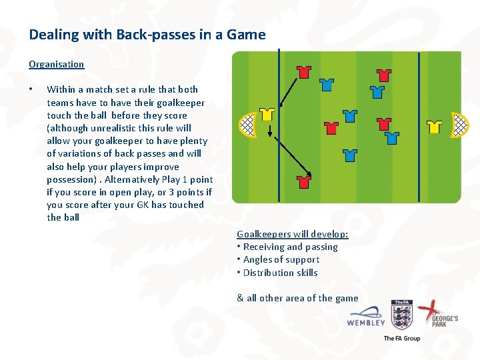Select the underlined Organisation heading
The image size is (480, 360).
pos(56,65)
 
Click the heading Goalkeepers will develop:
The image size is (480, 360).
pos(293,234)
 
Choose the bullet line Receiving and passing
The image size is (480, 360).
pos(290,247)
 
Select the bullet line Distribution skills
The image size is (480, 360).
pos(280,273)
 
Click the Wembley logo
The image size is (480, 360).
pos(366,317)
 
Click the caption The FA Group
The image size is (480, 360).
pos(402,338)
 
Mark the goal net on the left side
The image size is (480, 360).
pos(248,123)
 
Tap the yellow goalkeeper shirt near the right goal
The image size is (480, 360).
pos(435,126)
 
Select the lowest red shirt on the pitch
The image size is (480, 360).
pos(304,181)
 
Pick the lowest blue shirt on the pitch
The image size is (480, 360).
pos(350,156)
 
